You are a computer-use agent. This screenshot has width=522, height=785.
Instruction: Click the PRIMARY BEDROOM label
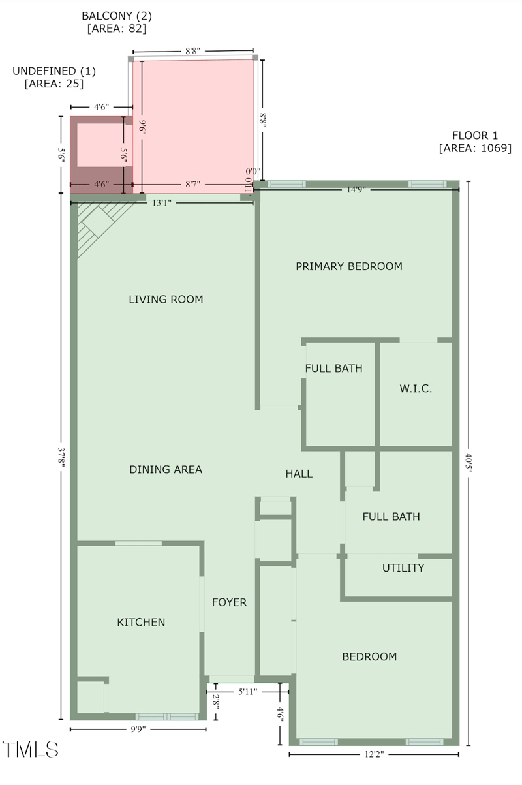349,266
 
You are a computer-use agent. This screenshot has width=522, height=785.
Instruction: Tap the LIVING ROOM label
166,300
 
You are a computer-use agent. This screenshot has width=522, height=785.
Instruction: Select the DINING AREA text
166,470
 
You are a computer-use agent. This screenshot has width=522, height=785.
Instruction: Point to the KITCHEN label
141,623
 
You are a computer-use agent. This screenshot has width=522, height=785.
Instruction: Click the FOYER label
229,602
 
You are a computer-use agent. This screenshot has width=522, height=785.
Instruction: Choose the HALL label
299,474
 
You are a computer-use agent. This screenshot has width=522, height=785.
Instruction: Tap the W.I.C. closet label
416,388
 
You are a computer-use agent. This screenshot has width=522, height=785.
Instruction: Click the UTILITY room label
403,568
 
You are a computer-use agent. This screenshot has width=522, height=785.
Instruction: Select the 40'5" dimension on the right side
468,463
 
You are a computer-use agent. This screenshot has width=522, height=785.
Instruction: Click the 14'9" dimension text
356,190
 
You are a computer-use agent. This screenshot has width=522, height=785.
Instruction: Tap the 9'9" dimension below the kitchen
138,730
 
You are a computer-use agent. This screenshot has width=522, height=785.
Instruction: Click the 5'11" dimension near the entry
248,692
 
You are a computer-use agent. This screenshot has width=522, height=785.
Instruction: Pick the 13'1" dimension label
162,202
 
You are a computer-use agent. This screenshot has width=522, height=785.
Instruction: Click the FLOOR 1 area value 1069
496,148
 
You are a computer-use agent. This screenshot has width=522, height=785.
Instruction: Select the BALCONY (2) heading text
117,16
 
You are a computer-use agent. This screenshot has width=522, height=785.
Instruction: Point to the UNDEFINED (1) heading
54,71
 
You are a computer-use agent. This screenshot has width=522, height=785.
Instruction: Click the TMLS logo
31,750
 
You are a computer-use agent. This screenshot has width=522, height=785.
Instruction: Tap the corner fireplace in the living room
100,224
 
